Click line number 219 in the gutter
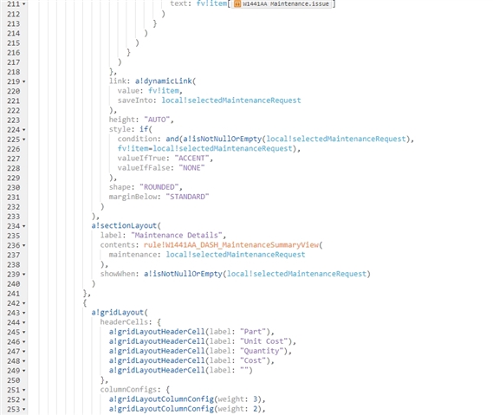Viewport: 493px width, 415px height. [x=14, y=81]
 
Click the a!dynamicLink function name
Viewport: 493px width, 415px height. [x=164, y=81]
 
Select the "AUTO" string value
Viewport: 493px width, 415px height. [x=157, y=120]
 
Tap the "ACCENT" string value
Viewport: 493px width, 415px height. [x=191, y=159]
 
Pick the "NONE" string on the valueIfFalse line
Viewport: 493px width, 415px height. [x=191, y=168]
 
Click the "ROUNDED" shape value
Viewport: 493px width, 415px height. [x=159, y=187]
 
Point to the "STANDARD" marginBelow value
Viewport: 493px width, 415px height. [x=187, y=197]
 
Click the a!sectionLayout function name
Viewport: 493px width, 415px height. [x=124, y=226]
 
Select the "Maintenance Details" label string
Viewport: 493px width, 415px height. [x=177, y=235]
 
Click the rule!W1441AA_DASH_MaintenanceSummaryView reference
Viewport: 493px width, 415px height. [x=231, y=245]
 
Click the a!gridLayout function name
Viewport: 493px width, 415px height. [x=117, y=313]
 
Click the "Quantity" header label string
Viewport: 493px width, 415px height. [x=262, y=351]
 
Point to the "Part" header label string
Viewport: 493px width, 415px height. [x=253, y=332]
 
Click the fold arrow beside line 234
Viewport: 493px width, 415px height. [x=24, y=226]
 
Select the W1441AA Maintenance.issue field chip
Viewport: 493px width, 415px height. [x=282, y=3]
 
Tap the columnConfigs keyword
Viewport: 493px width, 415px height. [x=128, y=390]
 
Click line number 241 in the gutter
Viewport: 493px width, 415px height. [x=14, y=294]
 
